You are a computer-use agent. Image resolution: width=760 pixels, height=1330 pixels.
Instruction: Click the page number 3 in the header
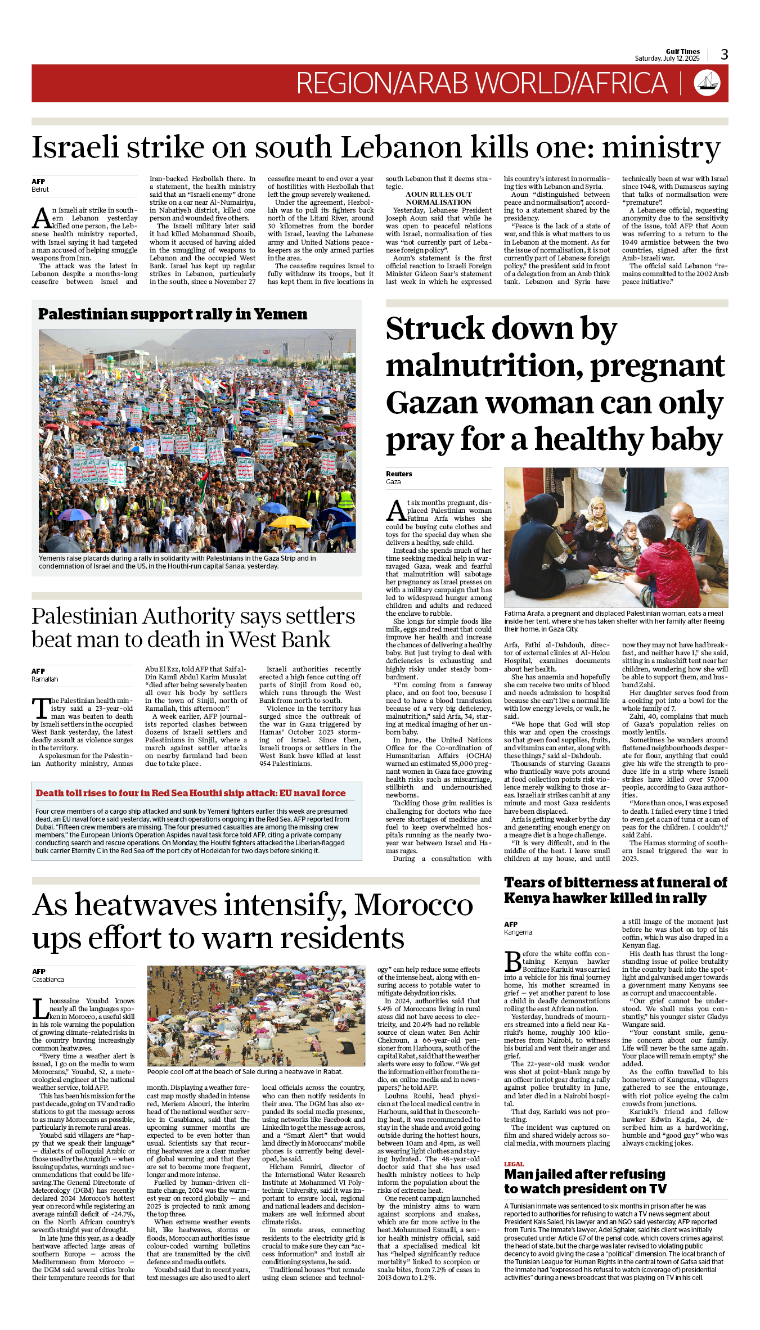724,55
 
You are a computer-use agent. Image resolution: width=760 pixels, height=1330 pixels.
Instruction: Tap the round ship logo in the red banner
707,83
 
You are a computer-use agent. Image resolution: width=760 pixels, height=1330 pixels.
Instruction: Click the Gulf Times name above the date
682,51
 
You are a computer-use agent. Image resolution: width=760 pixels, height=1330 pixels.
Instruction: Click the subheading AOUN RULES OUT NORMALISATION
439,199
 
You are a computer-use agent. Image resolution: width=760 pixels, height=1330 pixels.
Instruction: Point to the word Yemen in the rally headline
281,314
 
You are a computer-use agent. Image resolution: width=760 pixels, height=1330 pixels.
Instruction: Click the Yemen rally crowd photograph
197,440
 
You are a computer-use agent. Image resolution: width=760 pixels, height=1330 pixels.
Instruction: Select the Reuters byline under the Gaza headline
399,474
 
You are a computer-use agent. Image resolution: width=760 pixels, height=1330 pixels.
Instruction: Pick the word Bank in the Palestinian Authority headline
307,640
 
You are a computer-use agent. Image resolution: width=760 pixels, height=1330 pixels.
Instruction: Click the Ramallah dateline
45,679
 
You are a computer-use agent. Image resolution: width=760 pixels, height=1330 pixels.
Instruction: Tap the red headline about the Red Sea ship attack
191,793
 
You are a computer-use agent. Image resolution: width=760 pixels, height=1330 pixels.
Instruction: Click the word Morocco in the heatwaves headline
413,905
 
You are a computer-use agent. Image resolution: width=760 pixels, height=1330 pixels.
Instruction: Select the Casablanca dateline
48,980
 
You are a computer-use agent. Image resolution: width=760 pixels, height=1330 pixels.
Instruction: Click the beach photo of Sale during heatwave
256,1016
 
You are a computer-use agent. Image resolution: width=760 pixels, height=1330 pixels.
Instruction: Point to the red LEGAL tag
514,1164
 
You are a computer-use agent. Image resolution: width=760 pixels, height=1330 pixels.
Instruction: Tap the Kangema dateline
518,932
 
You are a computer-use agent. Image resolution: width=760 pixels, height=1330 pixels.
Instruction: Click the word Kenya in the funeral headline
526,899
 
